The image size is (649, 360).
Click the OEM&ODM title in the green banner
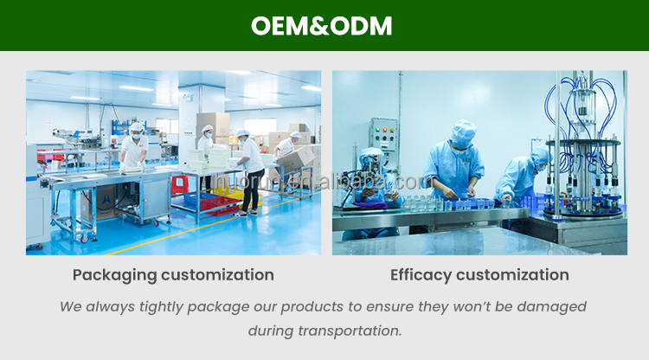[322, 26]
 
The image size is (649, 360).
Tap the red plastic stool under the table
[179, 183]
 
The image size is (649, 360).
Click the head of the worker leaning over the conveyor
[136, 130]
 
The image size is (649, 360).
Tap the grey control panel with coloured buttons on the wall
[383, 135]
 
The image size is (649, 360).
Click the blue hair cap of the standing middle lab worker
[464, 129]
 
